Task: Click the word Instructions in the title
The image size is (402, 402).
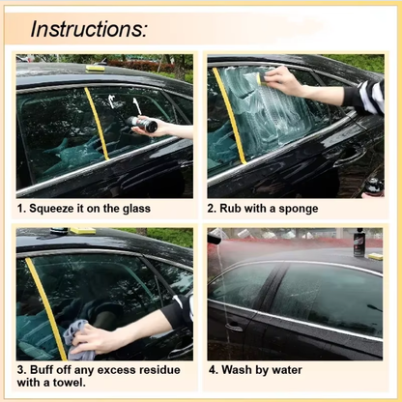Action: [x=88, y=28]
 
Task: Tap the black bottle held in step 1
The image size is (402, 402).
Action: [x=141, y=122]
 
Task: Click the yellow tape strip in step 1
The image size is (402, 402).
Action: [x=97, y=123]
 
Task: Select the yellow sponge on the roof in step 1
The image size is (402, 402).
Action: [x=95, y=68]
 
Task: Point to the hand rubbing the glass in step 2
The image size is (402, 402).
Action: [x=284, y=81]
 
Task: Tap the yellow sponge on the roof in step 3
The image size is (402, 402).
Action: [x=82, y=232]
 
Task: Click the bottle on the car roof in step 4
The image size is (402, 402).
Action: [x=359, y=243]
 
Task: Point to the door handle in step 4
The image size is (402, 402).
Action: [x=234, y=327]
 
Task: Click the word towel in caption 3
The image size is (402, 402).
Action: [x=85, y=384]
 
